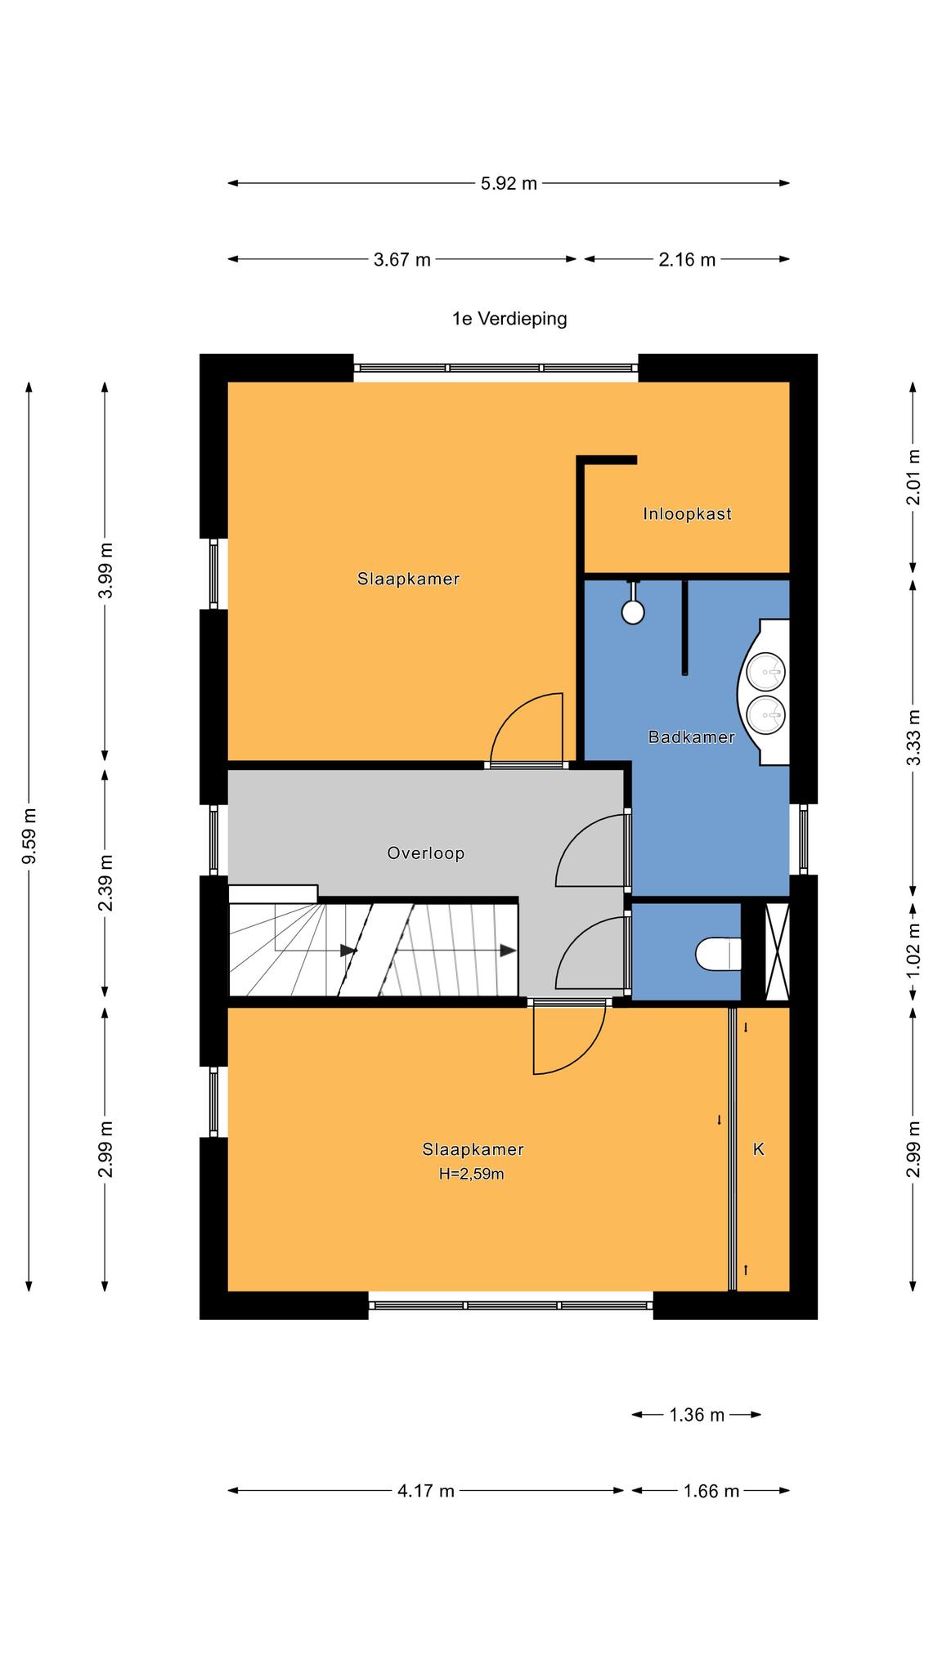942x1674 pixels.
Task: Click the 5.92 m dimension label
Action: [509, 183]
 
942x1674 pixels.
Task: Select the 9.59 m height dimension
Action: [29, 835]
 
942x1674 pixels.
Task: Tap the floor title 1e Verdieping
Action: [509, 319]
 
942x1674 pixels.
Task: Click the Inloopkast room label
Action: [687, 514]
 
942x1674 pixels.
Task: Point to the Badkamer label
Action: [691, 736]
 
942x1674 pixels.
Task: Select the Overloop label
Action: [426, 853]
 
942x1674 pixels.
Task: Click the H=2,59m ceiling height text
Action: [471, 1175]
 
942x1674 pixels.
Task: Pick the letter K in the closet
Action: [758, 1149]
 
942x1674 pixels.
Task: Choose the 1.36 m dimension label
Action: [697, 1415]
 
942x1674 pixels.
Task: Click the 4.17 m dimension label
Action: [426, 1491]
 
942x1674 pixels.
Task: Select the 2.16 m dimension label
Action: [687, 260]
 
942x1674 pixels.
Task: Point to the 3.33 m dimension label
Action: [914, 736]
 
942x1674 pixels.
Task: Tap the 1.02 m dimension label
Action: [914, 950]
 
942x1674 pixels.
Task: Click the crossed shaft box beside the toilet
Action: [777, 951]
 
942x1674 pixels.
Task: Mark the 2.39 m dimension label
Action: [105, 883]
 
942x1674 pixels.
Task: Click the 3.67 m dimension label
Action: [401, 260]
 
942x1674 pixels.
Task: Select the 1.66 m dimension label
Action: [711, 1491]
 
